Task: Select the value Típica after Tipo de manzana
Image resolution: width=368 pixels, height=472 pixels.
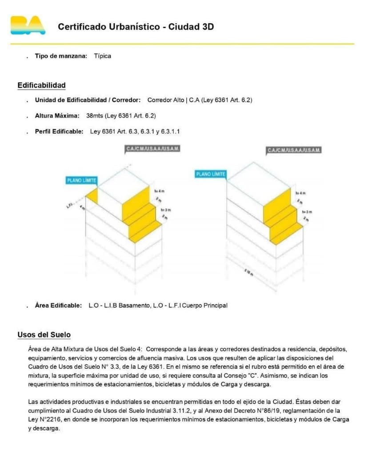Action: (103, 56)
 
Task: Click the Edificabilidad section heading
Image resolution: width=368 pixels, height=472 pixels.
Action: (41, 85)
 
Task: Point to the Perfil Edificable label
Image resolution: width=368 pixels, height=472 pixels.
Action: (59, 131)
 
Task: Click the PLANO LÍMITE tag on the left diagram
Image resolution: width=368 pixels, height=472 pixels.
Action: (81, 180)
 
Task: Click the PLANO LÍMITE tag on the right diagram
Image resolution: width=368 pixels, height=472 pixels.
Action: (211, 174)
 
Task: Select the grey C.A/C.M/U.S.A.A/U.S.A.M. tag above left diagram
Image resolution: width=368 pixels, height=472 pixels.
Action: (153, 149)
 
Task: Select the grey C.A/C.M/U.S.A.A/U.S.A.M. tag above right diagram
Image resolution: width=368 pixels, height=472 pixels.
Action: (294, 150)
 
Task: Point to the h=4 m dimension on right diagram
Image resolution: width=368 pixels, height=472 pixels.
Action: (302, 193)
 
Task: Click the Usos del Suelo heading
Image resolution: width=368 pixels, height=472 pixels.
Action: (44, 335)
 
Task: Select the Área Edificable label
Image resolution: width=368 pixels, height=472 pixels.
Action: (59, 306)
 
